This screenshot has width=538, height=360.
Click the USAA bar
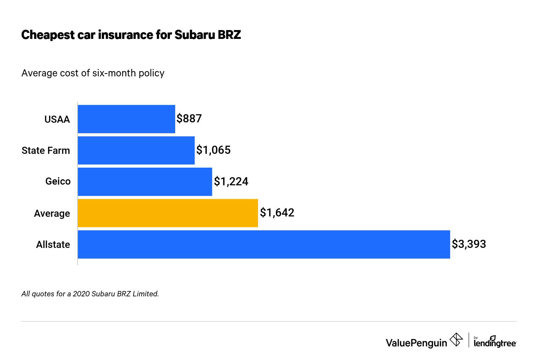tap(126, 119)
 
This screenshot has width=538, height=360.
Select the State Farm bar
tap(136, 150)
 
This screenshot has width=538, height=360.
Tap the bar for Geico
tap(145, 181)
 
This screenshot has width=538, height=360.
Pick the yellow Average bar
tap(168, 213)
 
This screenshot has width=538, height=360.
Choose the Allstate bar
tap(264, 244)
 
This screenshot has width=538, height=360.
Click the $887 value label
tap(189, 118)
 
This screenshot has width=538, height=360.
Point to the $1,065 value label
tap(213, 150)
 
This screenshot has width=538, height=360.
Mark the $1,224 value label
tap(231, 181)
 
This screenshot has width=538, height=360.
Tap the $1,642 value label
tap(277, 213)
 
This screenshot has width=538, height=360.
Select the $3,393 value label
tap(469, 244)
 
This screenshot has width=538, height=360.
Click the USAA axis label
tap(57, 120)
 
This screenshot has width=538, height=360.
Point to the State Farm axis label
tap(46, 151)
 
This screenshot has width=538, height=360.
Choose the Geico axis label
tap(58, 181)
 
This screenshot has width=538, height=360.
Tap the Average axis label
tap(52, 214)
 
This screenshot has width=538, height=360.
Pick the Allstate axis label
tap(53, 245)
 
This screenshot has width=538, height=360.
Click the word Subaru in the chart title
tap(193, 35)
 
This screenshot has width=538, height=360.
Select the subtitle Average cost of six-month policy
tap(93, 73)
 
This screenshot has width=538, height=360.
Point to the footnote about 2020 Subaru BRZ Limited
tap(90, 294)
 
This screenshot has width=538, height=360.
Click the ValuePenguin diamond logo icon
tap(456, 340)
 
